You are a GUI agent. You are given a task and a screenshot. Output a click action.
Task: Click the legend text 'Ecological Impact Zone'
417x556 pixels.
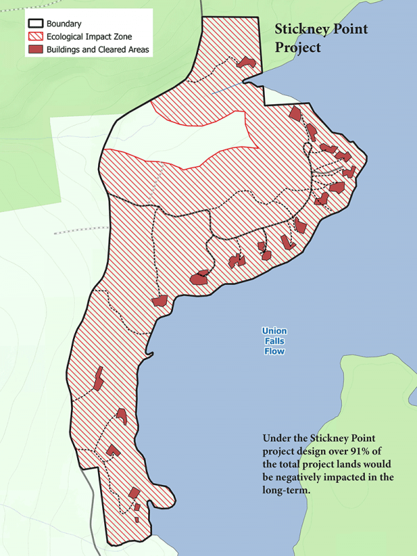point(94,37)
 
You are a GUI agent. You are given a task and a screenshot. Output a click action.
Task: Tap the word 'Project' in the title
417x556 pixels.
point(297,47)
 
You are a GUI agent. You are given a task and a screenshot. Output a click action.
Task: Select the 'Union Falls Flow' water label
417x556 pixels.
point(274,341)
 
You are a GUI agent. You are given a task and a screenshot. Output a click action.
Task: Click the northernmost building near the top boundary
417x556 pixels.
point(245,63)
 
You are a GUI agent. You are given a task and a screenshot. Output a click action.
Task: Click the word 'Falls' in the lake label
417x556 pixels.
point(274,341)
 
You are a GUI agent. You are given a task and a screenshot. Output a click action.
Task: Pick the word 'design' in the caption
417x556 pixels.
point(317,451)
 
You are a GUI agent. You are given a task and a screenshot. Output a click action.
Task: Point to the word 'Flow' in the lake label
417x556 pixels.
point(274,352)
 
